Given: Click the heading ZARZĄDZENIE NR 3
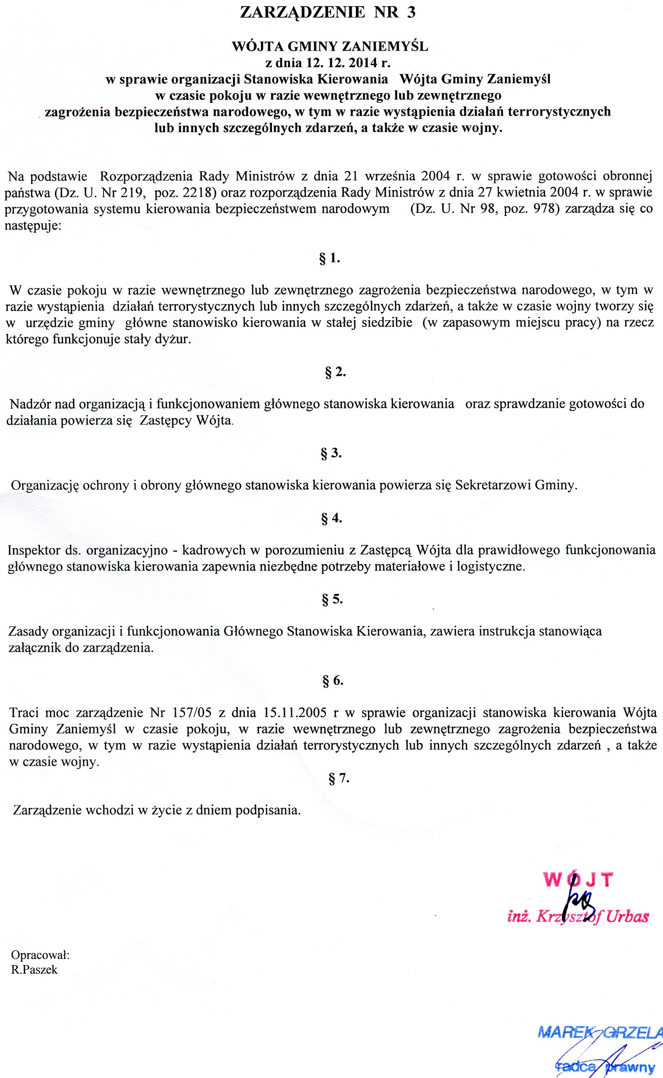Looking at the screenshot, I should click(328, 13).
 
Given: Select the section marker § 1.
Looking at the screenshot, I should click(330, 259).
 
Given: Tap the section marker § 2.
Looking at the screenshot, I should click(335, 372).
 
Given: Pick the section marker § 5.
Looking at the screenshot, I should click(332, 600).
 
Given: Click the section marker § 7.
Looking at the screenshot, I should click(338, 778).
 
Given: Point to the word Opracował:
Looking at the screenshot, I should click(40, 955).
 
